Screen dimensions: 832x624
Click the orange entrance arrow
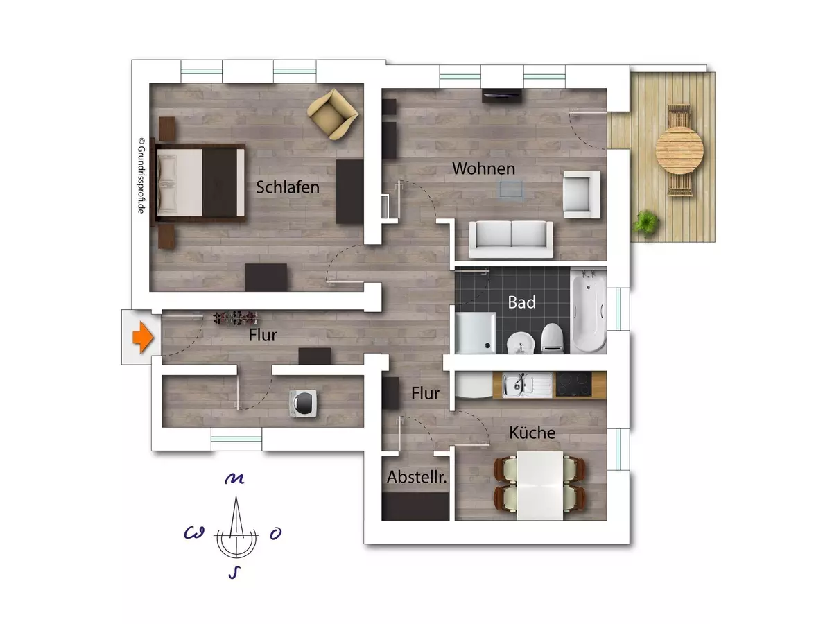[x=143, y=337]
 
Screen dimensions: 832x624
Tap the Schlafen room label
[x=288, y=187]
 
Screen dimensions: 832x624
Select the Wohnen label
[x=484, y=168]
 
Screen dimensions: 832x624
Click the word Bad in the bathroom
[x=521, y=302]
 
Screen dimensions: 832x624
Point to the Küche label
[x=532, y=432]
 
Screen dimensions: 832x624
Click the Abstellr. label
[x=417, y=476]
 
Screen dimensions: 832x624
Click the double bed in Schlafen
[x=198, y=182]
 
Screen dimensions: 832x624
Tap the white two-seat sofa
[x=511, y=239]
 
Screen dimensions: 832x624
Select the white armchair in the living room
[x=582, y=194]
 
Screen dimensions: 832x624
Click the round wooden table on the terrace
[x=679, y=151]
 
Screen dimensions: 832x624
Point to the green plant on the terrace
[x=645, y=223]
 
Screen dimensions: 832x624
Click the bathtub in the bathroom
[x=589, y=311]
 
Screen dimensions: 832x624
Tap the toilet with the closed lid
[x=551, y=338]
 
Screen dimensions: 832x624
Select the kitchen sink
[x=527, y=384]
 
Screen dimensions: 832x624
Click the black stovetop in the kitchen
[x=573, y=384]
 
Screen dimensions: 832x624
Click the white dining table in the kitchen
[x=539, y=485]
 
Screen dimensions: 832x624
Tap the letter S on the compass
[x=234, y=573]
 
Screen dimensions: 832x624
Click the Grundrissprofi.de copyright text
[x=141, y=175]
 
